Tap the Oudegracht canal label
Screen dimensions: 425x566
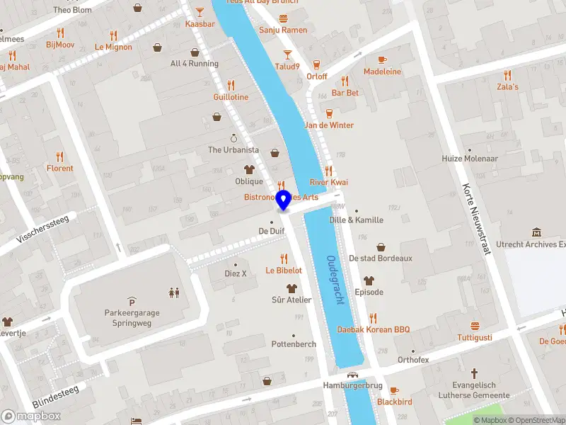[335, 280]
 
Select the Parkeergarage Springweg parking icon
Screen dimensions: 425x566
[131, 301]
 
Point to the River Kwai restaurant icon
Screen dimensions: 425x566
[328, 171]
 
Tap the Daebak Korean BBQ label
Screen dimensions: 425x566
[373, 330]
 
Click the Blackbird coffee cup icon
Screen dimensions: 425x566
[394, 390]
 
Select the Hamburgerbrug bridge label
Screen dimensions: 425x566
[352, 386]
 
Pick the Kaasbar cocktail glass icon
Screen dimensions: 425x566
[200, 12]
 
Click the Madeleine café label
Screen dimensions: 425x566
[382, 72]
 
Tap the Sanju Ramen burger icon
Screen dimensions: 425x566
[283, 18]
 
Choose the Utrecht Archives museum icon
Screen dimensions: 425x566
[536, 232]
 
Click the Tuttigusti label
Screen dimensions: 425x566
[475, 337]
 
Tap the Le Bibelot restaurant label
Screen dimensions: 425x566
[284, 270]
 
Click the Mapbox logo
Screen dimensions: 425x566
[30, 416]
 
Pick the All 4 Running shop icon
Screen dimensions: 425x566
[195, 52]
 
